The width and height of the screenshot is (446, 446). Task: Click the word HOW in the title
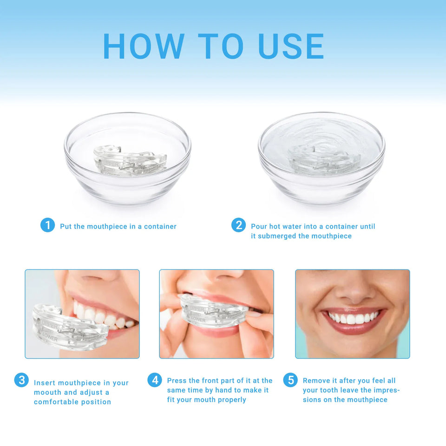pos(143,46)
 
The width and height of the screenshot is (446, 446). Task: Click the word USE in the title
pos(291,46)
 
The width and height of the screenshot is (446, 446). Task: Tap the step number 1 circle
pos(47,226)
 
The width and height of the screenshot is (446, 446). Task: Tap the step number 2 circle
pos(238,226)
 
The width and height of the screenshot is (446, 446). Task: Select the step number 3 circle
pos(21,380)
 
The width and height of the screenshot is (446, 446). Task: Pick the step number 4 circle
pos(155,380)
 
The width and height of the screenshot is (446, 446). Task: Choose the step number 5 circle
pos(290,380)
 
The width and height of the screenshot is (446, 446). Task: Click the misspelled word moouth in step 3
pos(47,392)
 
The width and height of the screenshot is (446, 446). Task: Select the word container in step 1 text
pos(160,226)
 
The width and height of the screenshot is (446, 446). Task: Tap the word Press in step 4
pos(177,380)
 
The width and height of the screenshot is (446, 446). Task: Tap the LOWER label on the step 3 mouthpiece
pos(50,338)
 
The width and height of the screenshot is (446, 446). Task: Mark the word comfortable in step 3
pos(56,402)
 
